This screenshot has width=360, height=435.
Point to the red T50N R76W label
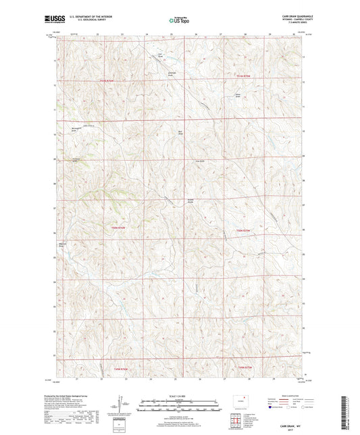click(x=119, y=228)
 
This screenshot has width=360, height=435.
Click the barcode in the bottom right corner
click(x=348, y=414)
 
